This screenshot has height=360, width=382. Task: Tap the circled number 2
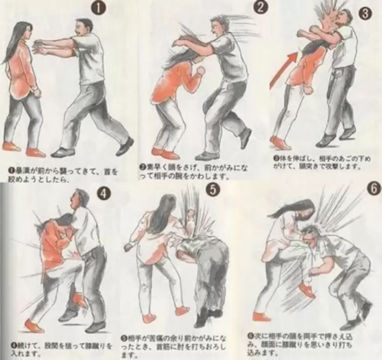[261, 7]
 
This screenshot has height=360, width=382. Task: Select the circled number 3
[364, 13]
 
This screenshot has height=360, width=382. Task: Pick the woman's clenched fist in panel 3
[310, 88]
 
